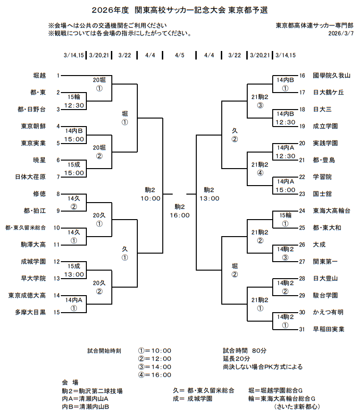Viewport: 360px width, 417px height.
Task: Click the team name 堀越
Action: (39, 76)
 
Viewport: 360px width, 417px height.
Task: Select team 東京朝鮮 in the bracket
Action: (33, 126)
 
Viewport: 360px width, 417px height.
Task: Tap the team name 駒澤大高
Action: (33, 245)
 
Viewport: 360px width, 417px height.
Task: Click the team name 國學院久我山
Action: (332, 76)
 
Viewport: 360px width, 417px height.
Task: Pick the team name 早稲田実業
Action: (328, 329)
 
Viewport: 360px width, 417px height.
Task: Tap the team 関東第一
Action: (326, 262)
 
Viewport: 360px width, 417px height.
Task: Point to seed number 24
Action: (302, 211)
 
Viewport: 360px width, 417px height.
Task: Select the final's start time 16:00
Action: (179, 215)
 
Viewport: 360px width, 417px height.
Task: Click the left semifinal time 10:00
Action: (150, 198)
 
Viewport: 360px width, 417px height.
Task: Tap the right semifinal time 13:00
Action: (209, 198)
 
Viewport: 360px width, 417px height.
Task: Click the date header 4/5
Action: (179, 55)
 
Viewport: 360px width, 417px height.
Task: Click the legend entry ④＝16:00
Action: (155, 375)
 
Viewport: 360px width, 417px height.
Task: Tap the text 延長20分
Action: (236, 359)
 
